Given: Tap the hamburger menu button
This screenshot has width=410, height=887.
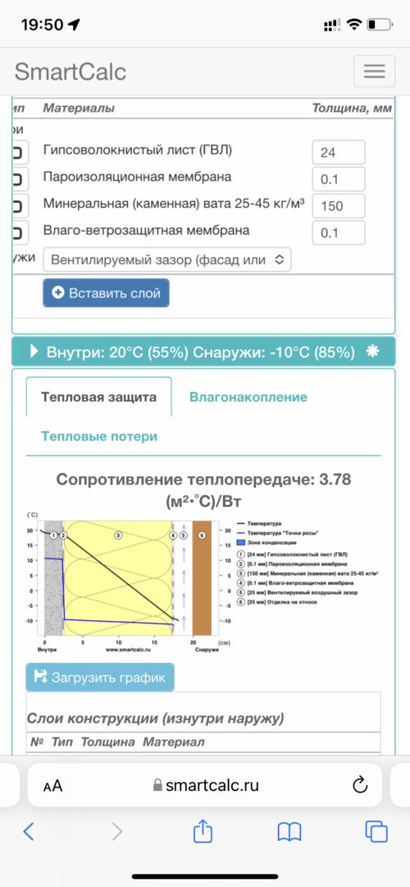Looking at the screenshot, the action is point(374,71).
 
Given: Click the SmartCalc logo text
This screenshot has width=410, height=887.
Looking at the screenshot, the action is point(71,71).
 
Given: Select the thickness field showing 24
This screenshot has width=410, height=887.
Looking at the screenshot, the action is point(338,152).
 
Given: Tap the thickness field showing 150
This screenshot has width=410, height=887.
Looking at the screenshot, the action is point(338,206).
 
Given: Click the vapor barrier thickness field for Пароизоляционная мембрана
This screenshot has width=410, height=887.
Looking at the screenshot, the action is point(338,179).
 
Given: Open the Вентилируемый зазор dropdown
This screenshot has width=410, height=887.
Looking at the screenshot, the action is point(166,260).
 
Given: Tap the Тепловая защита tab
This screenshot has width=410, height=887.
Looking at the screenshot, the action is point(98,398).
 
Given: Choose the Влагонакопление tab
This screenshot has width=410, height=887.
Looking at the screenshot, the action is point(248,398).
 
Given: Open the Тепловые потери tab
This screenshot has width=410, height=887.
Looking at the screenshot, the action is point(99,436).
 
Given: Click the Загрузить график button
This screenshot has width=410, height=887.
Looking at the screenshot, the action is point(100,678).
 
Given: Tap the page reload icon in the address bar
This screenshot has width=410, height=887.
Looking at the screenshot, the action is point(359,785).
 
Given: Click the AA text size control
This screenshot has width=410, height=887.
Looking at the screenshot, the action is point(52,786).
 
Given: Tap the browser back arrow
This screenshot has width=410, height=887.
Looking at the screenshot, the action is point(29,832).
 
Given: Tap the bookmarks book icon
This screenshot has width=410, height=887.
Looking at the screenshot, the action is point(289,832).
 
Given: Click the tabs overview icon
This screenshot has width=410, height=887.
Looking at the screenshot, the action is point(376,832).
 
